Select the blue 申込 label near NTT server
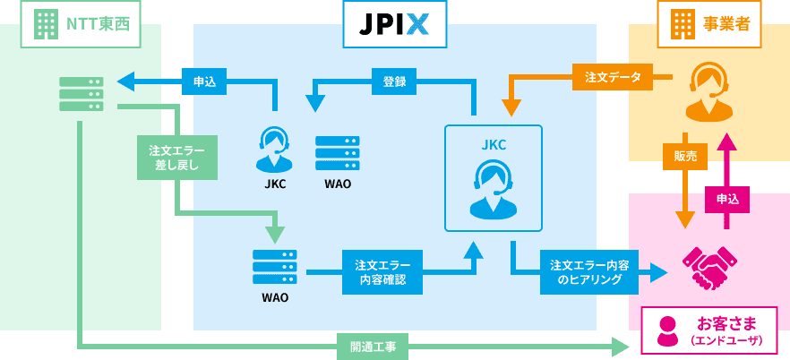point(204,81)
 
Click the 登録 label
point(394,81)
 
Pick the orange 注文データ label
point(613,77)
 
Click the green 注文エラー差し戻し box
point(176,157)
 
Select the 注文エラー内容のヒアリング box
point(588,272)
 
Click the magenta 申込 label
point(727,199)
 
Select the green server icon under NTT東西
point(82,94)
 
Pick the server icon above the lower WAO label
point(275,267)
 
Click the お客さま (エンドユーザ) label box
point(709,329)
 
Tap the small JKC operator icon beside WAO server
point(274,150)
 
